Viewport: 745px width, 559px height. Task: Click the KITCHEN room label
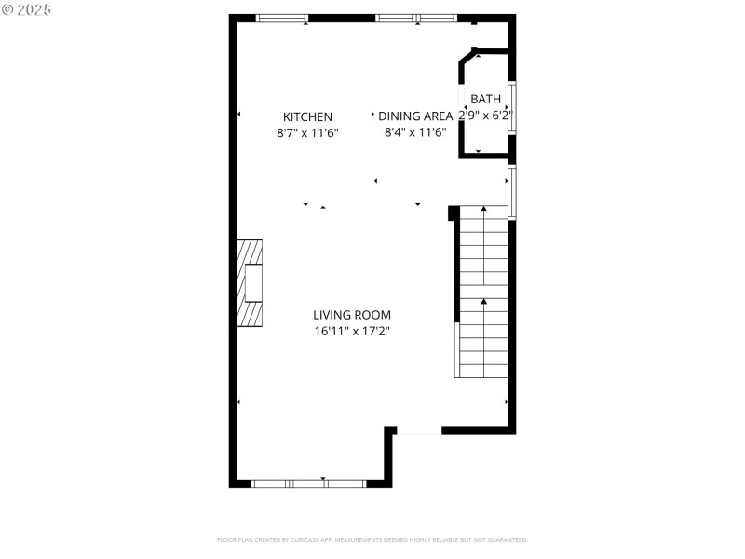point(307,116)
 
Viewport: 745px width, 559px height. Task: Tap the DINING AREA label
point(415,116)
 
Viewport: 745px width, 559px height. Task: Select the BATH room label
point(485,99)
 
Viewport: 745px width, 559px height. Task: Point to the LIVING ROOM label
point(351,315)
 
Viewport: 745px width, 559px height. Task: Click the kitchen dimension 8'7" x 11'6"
point(307,133)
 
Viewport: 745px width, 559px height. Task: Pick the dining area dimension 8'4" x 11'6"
point(415,133)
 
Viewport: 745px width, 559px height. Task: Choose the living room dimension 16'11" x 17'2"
point(351,332)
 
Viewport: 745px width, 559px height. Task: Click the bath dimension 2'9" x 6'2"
point(485,116)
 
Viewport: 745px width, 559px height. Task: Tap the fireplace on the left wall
point(250,283)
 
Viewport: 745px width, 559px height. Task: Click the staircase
point(481,293)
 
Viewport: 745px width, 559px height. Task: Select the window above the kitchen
point(282,18)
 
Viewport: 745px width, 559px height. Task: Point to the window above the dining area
point(416,18)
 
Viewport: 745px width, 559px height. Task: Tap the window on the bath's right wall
point(511,108)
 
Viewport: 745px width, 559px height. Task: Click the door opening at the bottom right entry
point(418,430)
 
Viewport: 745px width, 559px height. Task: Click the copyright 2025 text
point(27,9)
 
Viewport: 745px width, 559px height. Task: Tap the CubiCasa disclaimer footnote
point(372,539)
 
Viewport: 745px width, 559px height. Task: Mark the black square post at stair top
point(454,213)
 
